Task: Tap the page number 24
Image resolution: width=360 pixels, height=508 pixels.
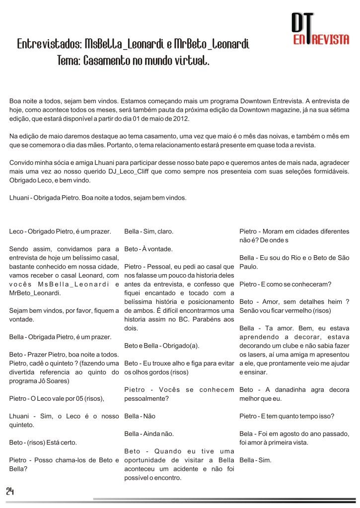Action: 10,491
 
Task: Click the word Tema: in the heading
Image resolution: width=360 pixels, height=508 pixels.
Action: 69,62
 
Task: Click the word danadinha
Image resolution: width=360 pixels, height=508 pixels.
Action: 285,389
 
